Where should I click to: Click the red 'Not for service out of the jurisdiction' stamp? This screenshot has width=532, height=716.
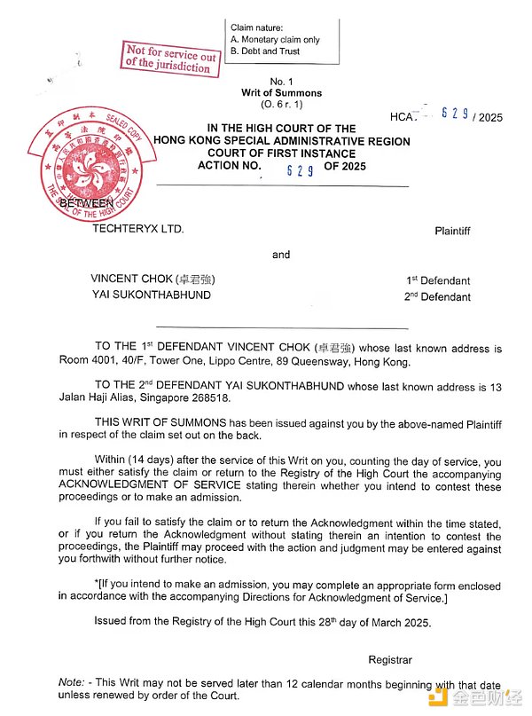pyautogui.click(x=171, y=58)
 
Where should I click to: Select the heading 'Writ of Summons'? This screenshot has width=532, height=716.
pyautogui.click(x=281, y=93)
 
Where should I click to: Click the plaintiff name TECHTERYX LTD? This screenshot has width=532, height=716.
pyautogui.click(x=138, y=229)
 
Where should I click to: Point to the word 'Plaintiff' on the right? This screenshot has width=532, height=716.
pyautogui.click(x=452, y=231)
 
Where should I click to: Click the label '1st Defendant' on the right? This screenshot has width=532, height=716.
pyautogui.click(x=438, y=280)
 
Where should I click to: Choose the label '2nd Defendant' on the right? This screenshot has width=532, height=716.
pyautogui.click(x=437, y=296)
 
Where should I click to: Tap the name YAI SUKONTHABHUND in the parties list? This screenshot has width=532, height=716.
pyautogui.click(x=151, y=295)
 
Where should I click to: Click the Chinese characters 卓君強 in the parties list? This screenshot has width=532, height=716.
pyautogui.click(x=195, y=279)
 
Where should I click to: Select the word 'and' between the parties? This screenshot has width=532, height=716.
pyautogui.click(x=281, y=255)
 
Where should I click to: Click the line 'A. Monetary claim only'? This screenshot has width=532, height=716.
pyautogui.click(x=275, y=40)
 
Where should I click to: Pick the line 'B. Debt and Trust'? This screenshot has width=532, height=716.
pyautogui.click(x=265, y=51)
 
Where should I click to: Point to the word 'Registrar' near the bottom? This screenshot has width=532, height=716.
pyautogui.click(x=390, y=660)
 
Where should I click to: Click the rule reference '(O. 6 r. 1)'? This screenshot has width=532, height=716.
pyautogui.click(x=281, y=105)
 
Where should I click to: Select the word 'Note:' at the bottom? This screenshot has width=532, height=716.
pyautogui.click(x=72, y=685)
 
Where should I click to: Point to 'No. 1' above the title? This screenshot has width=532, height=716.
pyautogui.click(x=281, y=82)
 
